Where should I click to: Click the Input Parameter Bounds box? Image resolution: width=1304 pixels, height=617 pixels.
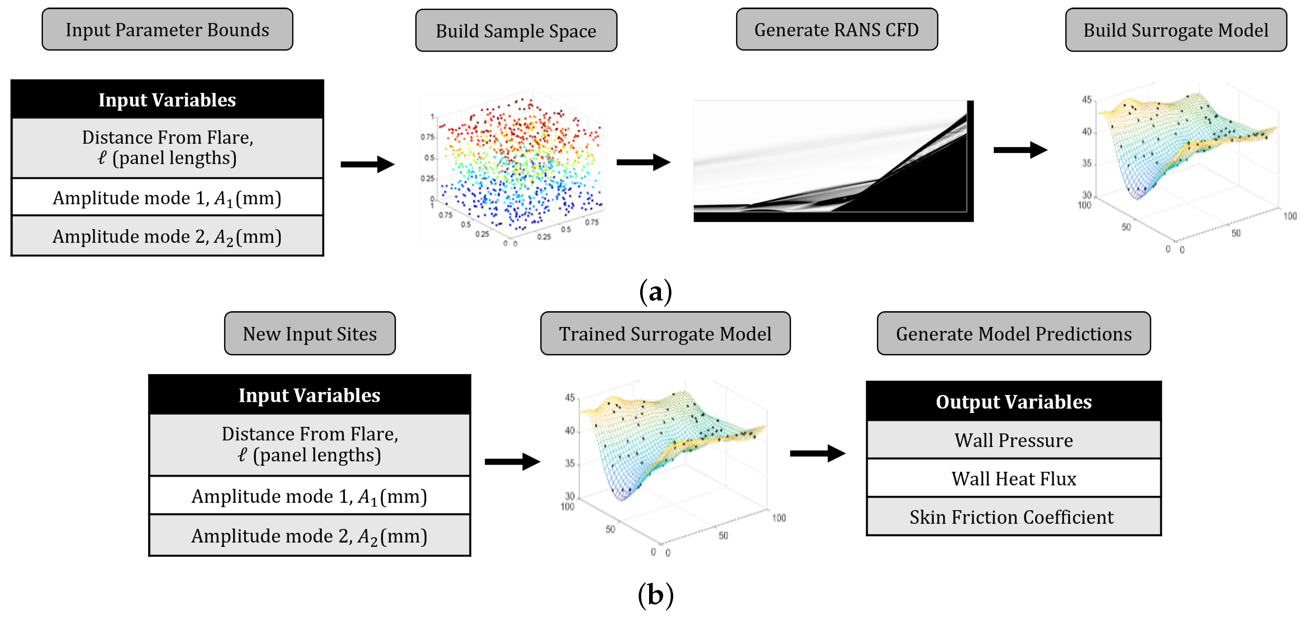(167, 29)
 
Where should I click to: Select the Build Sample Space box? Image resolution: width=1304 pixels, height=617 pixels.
(516, 31)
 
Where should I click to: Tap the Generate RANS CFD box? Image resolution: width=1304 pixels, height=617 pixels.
(836, 29)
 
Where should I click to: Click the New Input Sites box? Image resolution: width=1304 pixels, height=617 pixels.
(309, 333)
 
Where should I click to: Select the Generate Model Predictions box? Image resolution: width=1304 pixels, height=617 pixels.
(1014, 333)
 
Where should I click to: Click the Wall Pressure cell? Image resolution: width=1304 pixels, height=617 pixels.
(1014, 440)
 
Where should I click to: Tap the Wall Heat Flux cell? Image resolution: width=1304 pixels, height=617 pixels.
(1014, 478)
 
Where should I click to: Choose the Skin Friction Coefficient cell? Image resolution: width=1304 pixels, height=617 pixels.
(1014, 517)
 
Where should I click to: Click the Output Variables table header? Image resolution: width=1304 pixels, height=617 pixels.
(1014, 401)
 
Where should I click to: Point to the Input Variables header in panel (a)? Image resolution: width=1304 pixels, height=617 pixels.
(167, 100)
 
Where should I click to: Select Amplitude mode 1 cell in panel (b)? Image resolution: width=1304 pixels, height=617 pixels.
(309, 496)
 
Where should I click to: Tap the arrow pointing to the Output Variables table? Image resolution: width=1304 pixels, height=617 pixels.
(817, 453)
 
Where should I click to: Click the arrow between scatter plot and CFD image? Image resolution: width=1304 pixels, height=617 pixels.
(643, 162)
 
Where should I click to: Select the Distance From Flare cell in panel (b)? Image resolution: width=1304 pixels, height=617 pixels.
(309, 445)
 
